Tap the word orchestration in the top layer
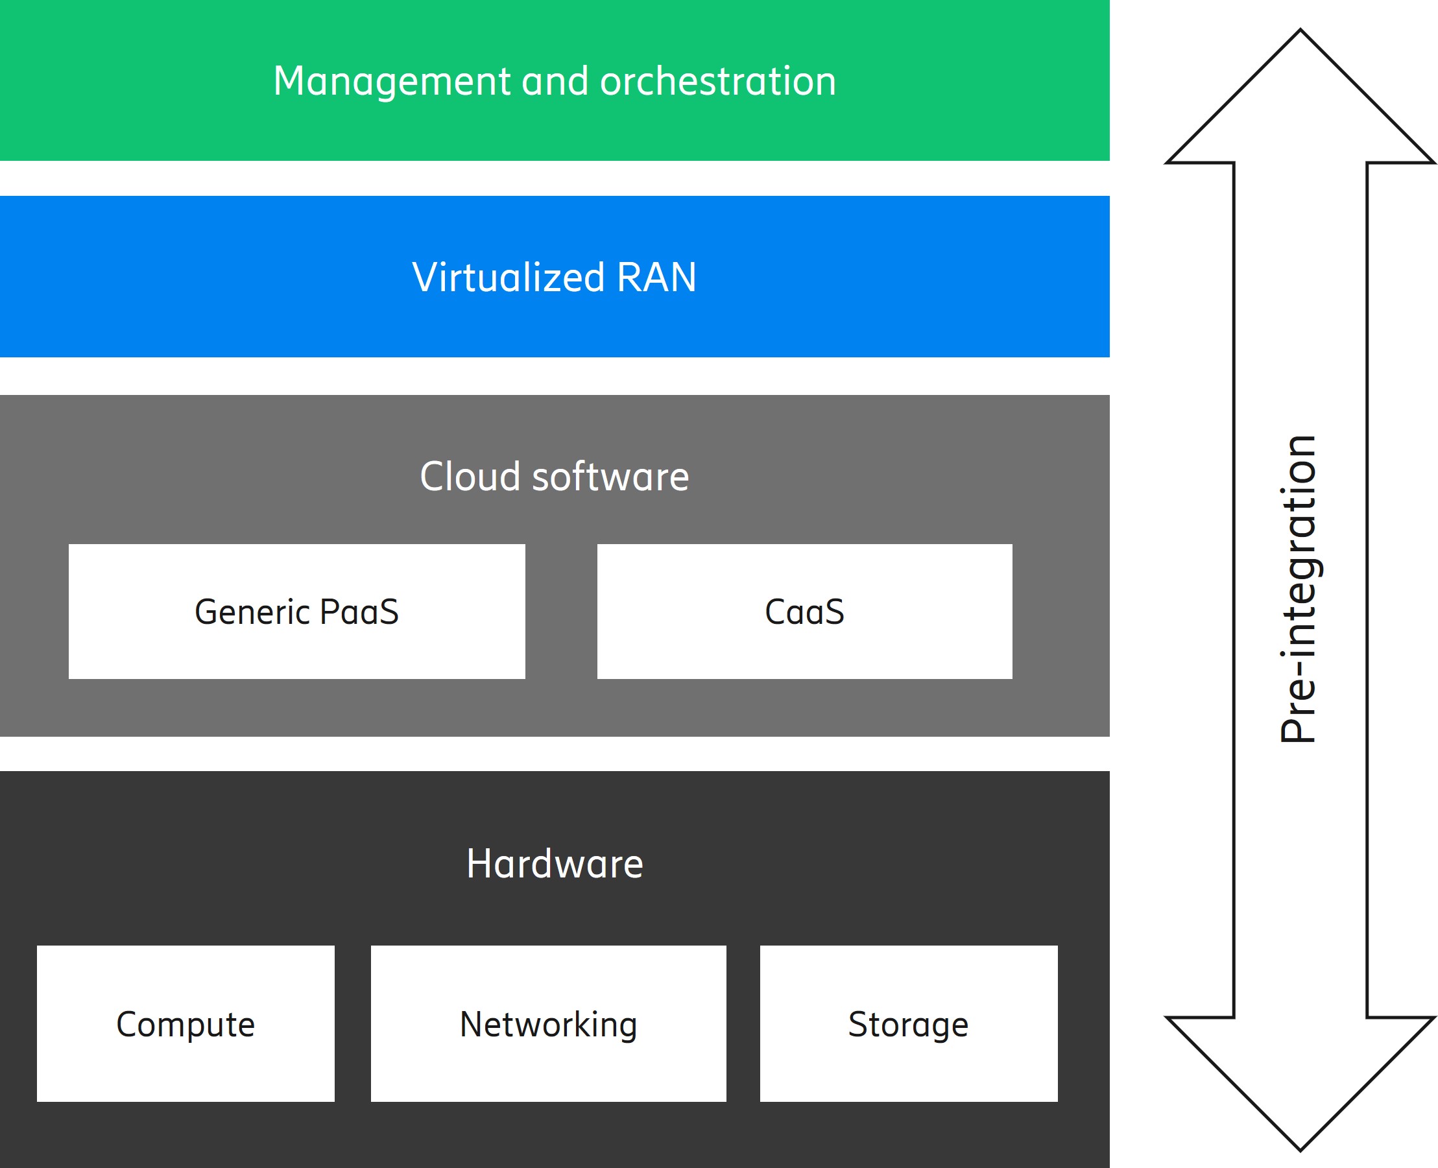(x=717, y=82)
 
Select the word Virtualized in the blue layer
(x=508, y=278)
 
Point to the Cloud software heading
(x=554, y=477)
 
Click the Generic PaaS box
(x=297, y=611)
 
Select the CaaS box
(x=804, y=611)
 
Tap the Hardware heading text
(x=555, y=864)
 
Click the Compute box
(x=186, y=1023)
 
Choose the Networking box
(x=549, y=1023)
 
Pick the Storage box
(x=909, y=1023)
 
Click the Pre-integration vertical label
(x=1299, y=589)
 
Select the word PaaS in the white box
(x=359, y=612)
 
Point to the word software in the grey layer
(x=610, y=477)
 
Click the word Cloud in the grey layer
(x=470, y=477)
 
